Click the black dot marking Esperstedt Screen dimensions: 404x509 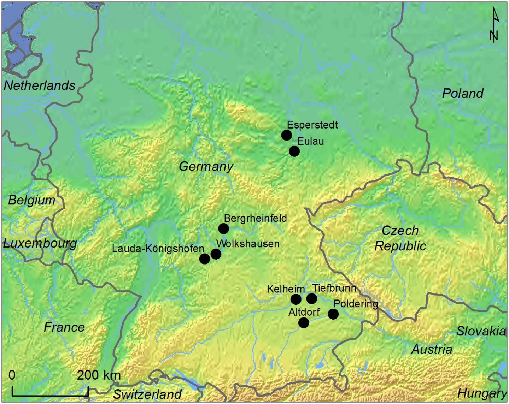click(286, 135)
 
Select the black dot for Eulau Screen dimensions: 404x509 click(294, 151)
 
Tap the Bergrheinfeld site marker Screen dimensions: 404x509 click(223, 229)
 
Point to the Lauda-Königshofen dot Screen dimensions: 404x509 click(204, 259)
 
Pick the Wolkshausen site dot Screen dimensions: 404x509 click(216, 254)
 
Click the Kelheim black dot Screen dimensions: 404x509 click(296, 299)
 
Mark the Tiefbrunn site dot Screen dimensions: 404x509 click(311, 298)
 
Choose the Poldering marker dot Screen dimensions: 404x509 click(333, 314)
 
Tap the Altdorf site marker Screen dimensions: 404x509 click(303, 323)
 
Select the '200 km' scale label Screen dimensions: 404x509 click(99, 375)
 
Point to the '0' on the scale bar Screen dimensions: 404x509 click(12, 375)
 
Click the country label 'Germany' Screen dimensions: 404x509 click(206, 166)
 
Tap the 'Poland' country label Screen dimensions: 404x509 click(463, 94)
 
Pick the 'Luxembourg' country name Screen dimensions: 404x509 click(40, 243)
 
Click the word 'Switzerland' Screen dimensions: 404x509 click(147, 394)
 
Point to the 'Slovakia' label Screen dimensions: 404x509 click(481, 331)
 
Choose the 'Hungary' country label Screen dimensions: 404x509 click(482, 393)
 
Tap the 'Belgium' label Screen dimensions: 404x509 click(32, 201)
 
